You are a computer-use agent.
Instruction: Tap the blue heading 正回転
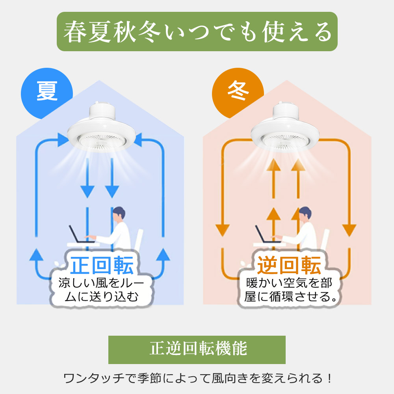tap(102, 265)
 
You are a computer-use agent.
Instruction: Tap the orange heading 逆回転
tap(289, 265)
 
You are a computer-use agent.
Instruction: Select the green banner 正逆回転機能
tap(197, 349)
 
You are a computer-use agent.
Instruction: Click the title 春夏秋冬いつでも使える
tap(197, 32)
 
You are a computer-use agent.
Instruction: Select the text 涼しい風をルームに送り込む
tap(101, 290)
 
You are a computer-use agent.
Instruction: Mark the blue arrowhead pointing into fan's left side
tap(63, 140)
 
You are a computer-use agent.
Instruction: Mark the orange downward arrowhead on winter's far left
tap(223, 230)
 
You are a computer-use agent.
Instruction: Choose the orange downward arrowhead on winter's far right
tap(349, 230)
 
